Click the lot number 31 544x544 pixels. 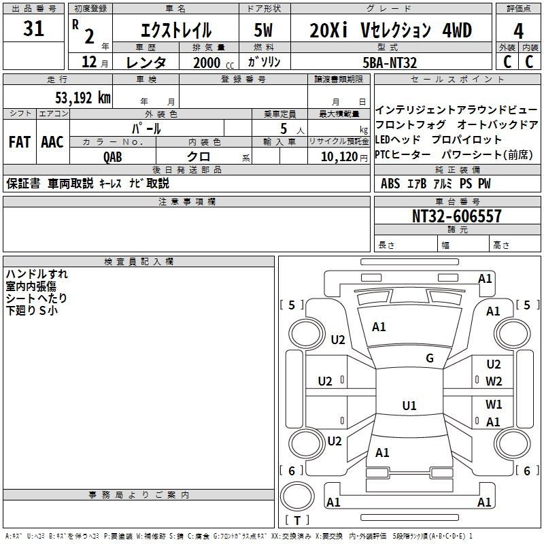coord(33,28)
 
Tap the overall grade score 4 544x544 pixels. coord(518,31)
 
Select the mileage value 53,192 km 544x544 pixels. coord(83,98)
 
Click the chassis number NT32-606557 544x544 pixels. coord(456,216)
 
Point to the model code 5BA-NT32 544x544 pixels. coord(389,63)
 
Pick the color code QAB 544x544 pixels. coord(113,157)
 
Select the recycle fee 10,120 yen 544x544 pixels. coord(344,157)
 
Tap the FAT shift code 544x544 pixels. coord(20,142)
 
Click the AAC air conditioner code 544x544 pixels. coord(52,142)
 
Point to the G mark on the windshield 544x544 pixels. coord(430,358)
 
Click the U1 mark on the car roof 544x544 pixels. coord(409,405)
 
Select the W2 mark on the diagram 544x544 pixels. coord(494,381)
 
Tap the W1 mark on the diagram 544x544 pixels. coord(494,404)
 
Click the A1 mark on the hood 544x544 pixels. coord(379,326)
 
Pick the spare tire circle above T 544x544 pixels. coord(297,496)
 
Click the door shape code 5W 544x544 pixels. coord(263,30)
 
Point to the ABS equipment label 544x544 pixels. coord(390,183)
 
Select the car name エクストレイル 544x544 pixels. coord(176,30)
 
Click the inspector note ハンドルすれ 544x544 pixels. coord(37,274)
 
